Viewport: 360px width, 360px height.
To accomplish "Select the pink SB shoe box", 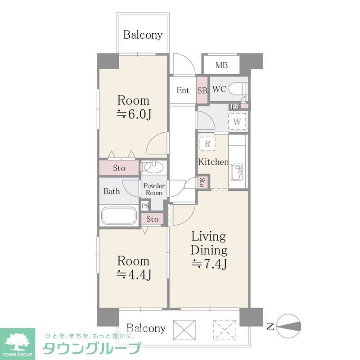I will click(x=202, y=90).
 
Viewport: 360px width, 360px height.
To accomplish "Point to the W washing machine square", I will click(x=237, y=121).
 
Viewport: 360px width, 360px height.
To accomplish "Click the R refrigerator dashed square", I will click(x=207, y=144).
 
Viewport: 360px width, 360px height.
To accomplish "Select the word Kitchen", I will click(x=214, y=162).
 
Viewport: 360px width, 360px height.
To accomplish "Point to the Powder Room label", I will click(x=154, y=189).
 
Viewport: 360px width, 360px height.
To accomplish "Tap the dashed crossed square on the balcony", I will click(x=225, y=329).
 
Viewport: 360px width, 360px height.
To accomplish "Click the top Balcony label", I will click(x=143, y=35).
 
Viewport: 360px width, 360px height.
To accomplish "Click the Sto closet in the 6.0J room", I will click(x=119, y=168).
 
